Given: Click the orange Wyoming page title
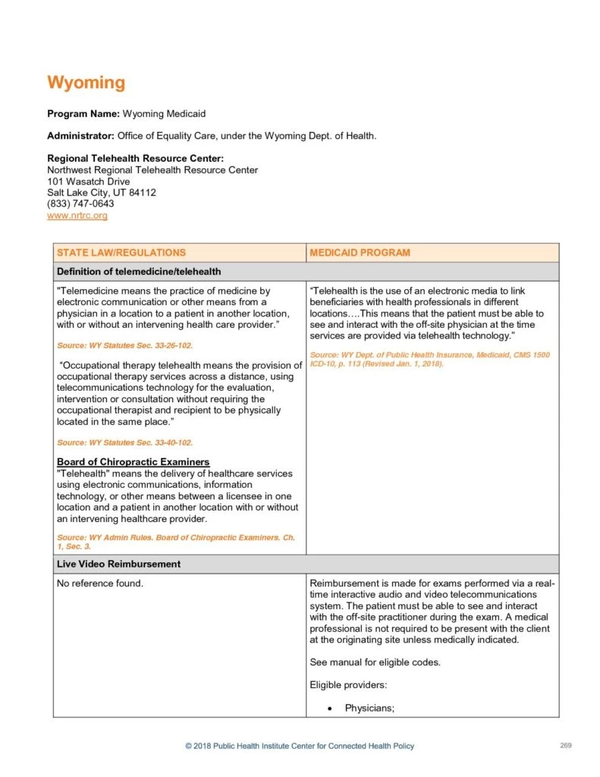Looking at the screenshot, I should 86,83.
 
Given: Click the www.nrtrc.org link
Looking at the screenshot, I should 77,215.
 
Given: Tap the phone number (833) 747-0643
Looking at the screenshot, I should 80,204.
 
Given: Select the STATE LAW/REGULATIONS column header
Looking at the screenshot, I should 121,253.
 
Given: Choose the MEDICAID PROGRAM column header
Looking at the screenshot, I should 360,253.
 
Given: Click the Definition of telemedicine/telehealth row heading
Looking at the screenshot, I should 139,272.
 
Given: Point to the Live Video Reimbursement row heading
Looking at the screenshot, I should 118,564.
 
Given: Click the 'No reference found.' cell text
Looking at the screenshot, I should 100,584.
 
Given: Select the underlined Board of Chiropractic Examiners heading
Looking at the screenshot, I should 134,462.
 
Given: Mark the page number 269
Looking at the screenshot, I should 565,745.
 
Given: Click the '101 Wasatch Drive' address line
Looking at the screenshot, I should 88,181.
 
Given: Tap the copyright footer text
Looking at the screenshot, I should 300,746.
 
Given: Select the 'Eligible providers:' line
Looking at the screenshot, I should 347,685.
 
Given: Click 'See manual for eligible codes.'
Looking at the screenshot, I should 375,662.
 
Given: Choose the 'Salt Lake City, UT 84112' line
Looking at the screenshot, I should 102,193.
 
